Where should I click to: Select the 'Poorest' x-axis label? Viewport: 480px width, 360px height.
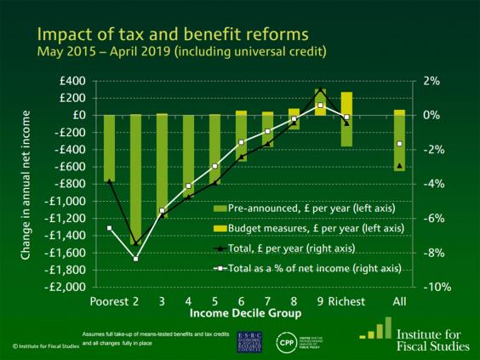107,302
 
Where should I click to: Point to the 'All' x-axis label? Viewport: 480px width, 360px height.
399,302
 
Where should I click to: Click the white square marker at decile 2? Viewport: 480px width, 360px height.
135,258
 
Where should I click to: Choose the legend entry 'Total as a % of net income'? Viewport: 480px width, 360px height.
308,268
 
